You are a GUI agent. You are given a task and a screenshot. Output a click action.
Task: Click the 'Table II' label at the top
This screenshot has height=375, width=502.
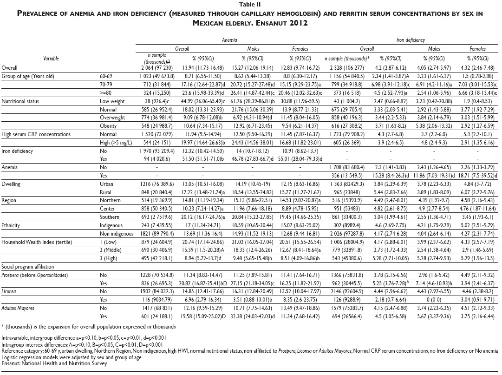[251, 4]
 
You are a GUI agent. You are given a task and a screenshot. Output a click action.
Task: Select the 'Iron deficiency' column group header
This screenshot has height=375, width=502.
[407, 41]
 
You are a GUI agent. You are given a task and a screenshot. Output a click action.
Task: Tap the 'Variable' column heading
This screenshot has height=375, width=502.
[51, 59]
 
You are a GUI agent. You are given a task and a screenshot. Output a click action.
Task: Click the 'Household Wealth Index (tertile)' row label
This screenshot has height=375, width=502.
[37, 242]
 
